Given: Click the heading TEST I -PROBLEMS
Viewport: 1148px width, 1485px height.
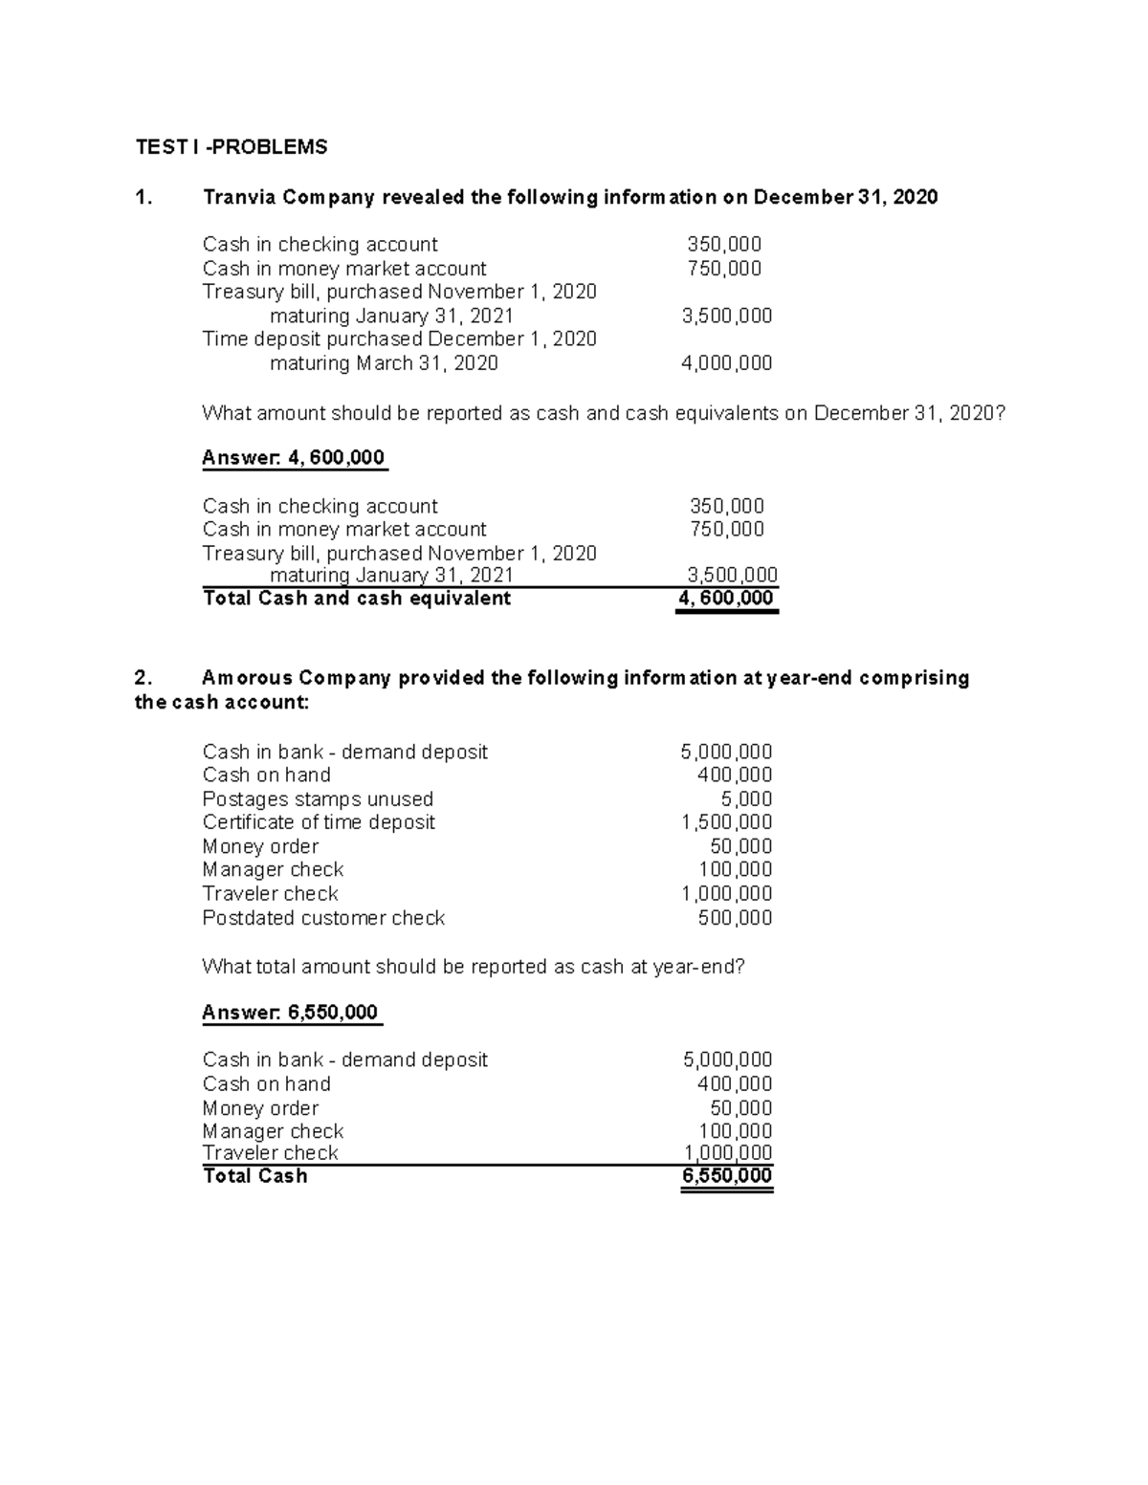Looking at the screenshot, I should point(231,146).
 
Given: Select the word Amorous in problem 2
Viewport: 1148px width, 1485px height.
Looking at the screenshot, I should point(247,678).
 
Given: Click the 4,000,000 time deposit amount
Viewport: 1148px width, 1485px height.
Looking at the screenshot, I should point(726,363).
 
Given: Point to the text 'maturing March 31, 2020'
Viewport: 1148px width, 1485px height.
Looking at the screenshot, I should point(384,363).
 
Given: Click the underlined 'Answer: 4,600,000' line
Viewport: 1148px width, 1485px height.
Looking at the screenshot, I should point(294,458).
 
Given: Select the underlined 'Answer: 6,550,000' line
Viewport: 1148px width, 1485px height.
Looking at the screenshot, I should point(291,1013).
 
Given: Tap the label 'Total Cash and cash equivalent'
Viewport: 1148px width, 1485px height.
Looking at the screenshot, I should point(357,599).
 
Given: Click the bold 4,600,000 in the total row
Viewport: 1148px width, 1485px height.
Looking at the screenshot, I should point(726,599).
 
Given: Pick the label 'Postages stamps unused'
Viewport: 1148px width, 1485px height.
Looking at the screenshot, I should point(318,799).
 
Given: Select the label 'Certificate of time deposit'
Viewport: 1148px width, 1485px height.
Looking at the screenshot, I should point(319,822).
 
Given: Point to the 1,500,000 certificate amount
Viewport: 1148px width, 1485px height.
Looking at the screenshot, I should point(726,822).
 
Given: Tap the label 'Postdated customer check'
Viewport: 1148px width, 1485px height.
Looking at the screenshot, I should point(323,918).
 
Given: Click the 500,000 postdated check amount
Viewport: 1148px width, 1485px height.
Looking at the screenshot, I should point(735,918).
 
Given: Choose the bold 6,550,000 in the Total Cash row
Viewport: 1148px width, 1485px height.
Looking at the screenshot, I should point(727,1176).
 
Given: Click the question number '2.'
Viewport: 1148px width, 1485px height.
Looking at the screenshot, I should point(143,678).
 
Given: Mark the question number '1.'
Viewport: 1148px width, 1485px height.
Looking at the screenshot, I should point(143,197).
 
